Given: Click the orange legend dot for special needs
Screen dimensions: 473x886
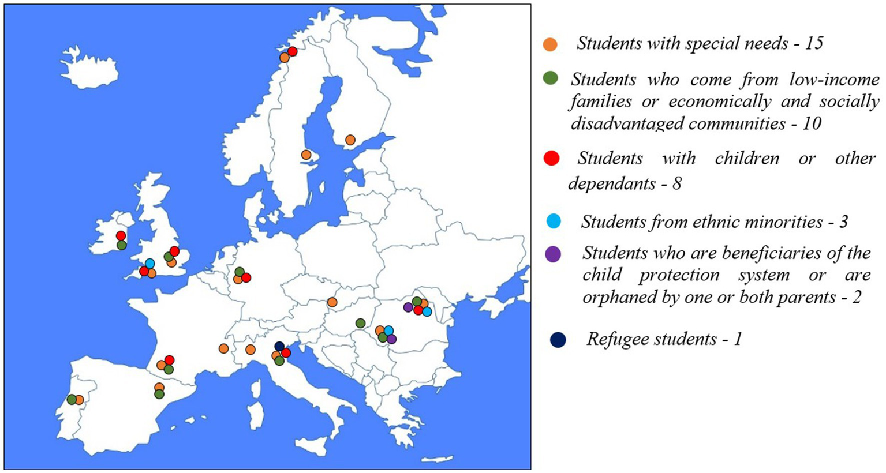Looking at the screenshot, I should [x=551, y=44].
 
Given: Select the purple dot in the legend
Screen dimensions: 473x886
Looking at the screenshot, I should [x=553, y=254].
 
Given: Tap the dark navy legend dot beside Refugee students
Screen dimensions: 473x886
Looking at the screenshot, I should [x=558, y=340].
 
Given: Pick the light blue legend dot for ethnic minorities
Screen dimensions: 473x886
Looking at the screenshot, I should [x=553, y=221].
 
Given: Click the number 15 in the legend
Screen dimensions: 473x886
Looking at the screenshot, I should [x=813, y=43].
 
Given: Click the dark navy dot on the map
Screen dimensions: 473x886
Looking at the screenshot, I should [x=280, y=346].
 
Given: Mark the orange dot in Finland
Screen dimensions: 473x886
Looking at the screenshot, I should [x=350, y=140].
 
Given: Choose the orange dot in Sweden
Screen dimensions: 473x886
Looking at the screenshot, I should [x=306, y=155].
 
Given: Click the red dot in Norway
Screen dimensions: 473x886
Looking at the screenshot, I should [x=292, y=51].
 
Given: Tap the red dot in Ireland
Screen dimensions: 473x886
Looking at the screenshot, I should [x=121, y=235].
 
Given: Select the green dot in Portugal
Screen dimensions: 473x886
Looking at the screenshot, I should [x=72, y=399].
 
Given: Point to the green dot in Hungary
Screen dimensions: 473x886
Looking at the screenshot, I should [x=360, y=324].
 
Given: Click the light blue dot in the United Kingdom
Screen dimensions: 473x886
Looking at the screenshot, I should [x=150, y=264].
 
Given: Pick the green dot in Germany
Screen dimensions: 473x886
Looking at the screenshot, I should [x=240, y=272].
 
